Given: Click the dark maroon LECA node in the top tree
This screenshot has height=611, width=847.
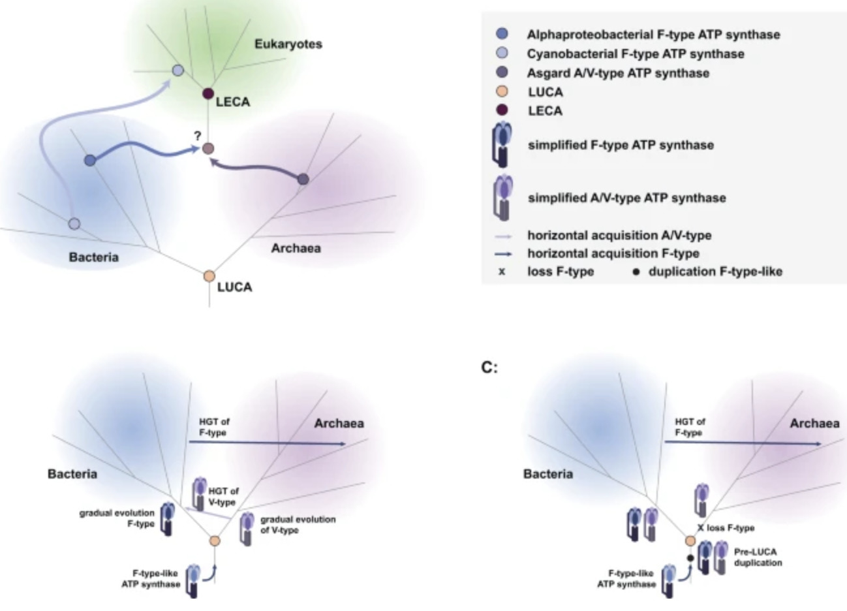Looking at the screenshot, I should (x=209, y=95).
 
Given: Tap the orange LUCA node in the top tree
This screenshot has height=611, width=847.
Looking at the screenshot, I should (x=209, y=277).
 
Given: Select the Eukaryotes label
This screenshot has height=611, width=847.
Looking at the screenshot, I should (x=288, y=44).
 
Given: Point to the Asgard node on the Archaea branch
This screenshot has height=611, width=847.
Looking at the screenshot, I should (x=303, y=179).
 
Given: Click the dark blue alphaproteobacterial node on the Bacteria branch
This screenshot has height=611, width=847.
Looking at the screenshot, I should (x=90, y=160).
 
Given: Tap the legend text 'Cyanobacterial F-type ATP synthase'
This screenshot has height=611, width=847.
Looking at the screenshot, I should (x=635, y=54).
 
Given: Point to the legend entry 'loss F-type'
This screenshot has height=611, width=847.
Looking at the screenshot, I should (x=560, y=272).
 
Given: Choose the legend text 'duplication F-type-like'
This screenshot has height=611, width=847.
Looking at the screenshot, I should (x=715, y=272).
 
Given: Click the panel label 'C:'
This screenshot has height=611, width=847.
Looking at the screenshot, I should (x=489, y=368).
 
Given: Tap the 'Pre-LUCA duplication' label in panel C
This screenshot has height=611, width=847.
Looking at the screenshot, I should (x=758, y=556).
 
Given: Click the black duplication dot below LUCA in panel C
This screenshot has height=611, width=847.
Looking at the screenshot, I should (x=689, y=558).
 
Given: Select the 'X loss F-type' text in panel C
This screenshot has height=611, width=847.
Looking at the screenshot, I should (x=726, y=527).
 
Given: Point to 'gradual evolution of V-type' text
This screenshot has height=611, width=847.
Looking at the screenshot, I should (x=298, y=524).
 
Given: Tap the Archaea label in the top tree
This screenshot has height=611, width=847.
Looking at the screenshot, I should (x=296, y=248).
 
